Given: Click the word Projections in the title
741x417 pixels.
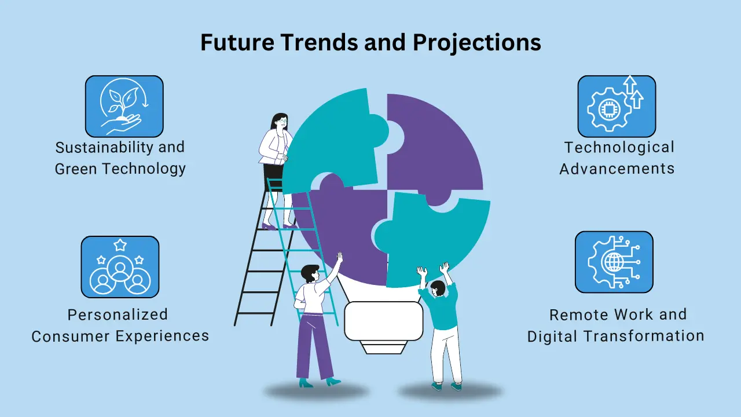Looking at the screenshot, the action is click(476, 43).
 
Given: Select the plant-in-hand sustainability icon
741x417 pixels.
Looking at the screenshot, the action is click(124, 106).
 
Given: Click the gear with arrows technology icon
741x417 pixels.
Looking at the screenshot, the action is click(617, 106).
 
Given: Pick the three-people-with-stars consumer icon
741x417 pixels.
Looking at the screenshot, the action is click(120, 267).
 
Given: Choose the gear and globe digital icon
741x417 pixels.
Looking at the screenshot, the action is click(614, 262).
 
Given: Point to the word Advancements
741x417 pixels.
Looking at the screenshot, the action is click(617, 169).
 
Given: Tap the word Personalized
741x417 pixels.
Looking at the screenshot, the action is click(118, 314).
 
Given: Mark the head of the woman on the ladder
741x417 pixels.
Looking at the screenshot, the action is click(280, 121).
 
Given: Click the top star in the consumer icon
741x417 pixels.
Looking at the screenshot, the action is click(120, 245).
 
